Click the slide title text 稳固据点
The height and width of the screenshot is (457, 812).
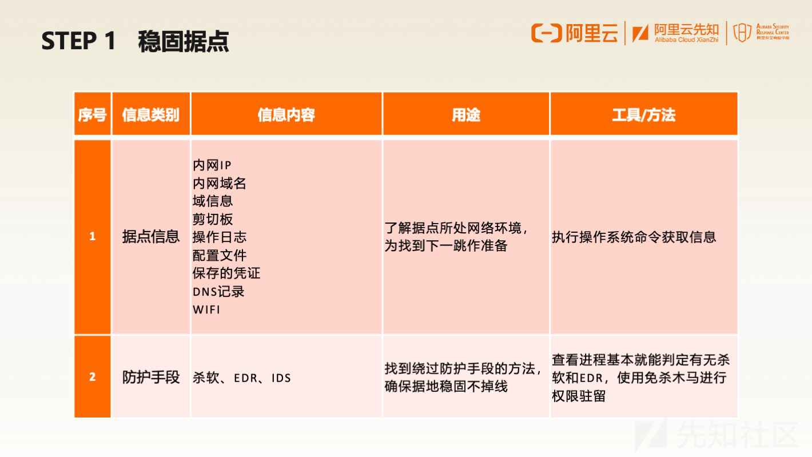(184, 41)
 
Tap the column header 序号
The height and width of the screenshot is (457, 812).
(93, 115)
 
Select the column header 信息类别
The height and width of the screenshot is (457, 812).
(151, 115)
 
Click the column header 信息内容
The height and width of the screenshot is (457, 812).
(286, 115)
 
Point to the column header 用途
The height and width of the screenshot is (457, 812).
(466, 115)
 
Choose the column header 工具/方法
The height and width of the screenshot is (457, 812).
(644, 115)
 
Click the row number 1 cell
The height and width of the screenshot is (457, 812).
(93, 236)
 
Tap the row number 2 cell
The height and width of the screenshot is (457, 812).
(93, 377)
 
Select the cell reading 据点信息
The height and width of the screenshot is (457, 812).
(151, 237)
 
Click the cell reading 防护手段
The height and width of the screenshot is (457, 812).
(151, 377)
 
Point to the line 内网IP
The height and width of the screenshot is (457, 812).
(212, 165)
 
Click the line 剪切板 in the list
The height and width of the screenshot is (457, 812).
(213, 220)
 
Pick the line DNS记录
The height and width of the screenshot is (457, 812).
(218, 292)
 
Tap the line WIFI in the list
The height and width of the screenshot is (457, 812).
(206, 310)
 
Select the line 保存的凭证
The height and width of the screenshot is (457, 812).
(226, 273)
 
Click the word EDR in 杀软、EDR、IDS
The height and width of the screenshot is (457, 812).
(246, 378)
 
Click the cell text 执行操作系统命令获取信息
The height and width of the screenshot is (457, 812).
(634, 237)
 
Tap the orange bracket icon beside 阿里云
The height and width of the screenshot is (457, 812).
(547, 33)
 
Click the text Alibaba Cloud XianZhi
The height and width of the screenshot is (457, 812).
(686, 40)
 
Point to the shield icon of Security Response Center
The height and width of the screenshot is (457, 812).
(742, 33)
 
